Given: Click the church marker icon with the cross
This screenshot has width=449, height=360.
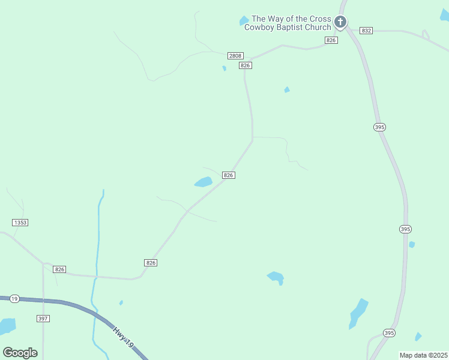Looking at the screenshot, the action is tap(340, 23).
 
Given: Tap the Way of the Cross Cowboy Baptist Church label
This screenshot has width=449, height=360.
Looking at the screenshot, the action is tap(291, 23).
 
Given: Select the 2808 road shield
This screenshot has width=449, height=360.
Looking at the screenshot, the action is tap(235, 56).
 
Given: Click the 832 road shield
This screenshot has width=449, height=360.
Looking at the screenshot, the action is tap(366, 30).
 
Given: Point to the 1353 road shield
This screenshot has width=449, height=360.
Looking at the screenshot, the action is tap(20, 223).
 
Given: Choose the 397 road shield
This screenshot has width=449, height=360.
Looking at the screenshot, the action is tap(43, 319).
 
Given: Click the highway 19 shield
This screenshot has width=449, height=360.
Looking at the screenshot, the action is tap(14, 298).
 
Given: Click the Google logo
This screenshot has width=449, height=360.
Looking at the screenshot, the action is tap(20, 352).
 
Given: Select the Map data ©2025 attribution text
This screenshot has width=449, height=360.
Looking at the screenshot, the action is tap(424, 355).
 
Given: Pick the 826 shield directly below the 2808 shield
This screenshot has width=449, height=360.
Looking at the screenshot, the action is tap(244, 65).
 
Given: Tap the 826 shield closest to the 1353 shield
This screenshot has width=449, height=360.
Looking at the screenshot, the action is tap(59, 269).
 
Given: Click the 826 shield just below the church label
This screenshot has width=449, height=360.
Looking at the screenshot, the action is tap(331, 40).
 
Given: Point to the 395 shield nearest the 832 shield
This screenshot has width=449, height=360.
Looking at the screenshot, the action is tap(379, 127).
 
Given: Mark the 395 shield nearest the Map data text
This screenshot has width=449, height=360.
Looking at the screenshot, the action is tap(390, 333).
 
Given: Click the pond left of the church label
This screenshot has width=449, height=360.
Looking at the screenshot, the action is tap(244, 21).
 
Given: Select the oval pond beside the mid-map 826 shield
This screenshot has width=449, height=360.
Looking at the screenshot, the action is tap(203, 182).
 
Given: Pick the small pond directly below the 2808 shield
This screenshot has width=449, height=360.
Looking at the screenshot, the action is tap(224, 68).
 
